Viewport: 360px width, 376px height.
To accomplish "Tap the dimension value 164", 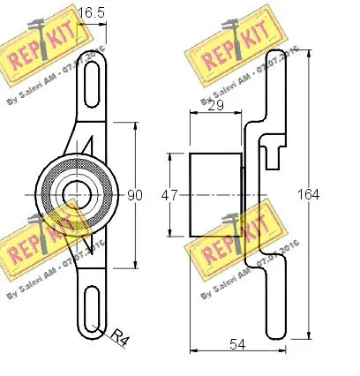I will pyautogui.click(x=321, y=194).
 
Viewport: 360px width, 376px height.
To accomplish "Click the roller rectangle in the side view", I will pyautogui.click(x=215, y=193).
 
